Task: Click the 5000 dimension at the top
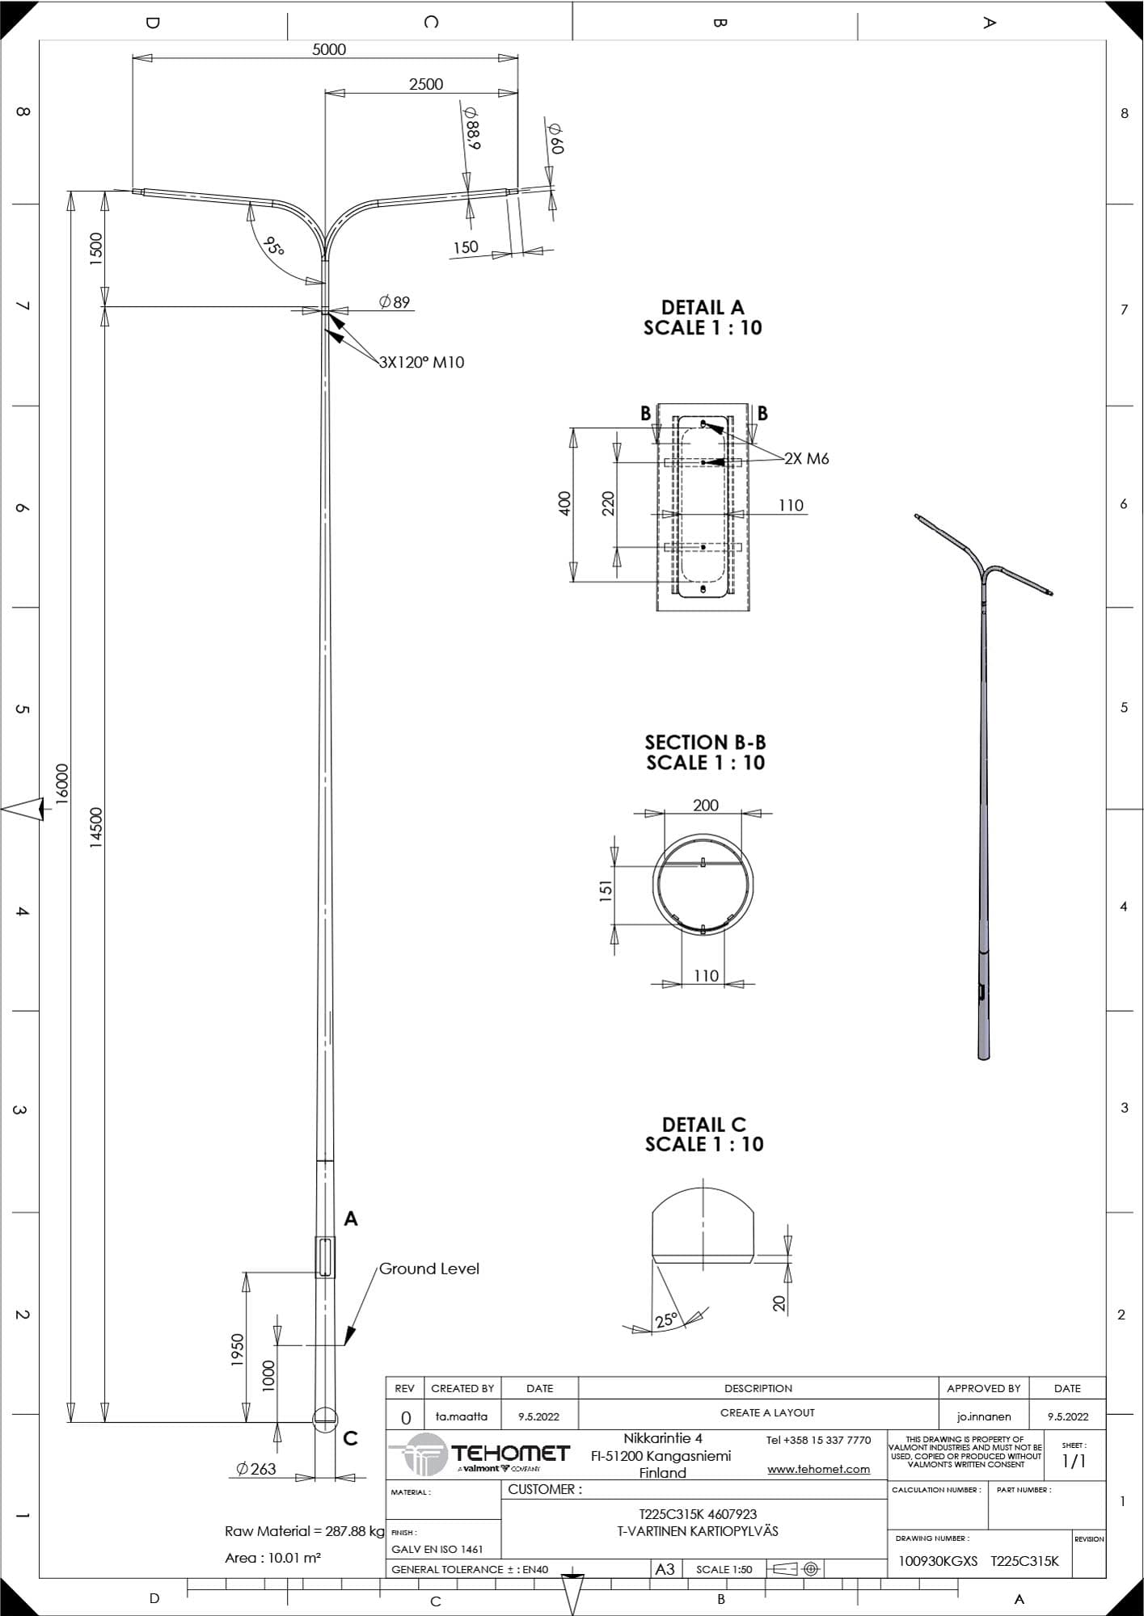tap(329, 49)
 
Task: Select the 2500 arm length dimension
tap(426, 84)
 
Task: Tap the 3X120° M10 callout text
tap(422, 362)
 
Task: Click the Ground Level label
tap(429, 1269)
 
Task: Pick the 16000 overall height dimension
tap(62, 785)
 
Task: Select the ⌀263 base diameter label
tap(256, 1469)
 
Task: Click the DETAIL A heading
tap(703, 307)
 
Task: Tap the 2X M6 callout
tap(807, 458)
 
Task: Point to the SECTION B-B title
tap(705, 742)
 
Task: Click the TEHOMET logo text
tap(510, 1454)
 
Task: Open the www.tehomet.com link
tap(818, 1469)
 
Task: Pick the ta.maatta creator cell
tap(462, 1416)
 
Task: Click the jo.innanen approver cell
tap(984, 1416)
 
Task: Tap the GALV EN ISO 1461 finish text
tap(437, 1549)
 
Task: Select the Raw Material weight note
tap(305, 1531)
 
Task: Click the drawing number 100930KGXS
tap(938, 1561)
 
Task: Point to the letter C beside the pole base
tap(350, 1439)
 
